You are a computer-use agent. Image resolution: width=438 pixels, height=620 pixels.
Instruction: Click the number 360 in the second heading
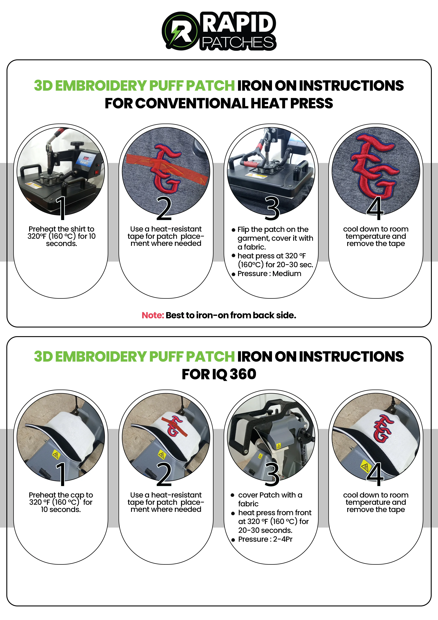(x=243, y=374)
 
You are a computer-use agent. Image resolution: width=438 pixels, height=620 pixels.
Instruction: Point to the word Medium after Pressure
(x=287, y=274)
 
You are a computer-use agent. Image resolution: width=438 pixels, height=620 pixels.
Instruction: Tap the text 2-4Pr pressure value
(x=283, y=539)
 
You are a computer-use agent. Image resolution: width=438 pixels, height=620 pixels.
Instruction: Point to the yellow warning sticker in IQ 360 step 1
(x=56, y=455)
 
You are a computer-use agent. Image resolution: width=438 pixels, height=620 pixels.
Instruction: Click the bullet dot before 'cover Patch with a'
(x=232, y=495)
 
